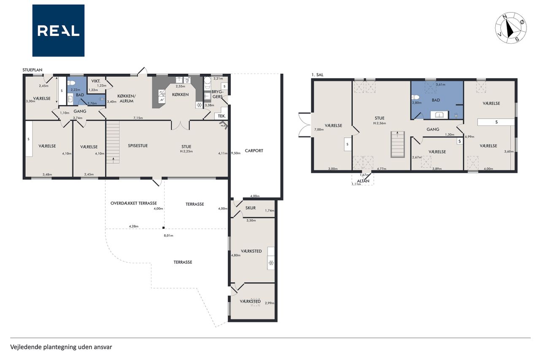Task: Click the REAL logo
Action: click(58, 31)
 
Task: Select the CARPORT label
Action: click(254, 151)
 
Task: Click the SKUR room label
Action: click(251, 208)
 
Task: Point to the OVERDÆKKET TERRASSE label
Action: click(134, 203)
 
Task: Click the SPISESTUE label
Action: click(138, 146)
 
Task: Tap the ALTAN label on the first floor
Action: click(363, 181)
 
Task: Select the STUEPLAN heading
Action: click(32, 70)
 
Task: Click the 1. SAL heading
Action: click(317, 75)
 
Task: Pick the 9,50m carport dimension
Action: click(236, 153)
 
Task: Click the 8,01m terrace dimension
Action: click(168, 235)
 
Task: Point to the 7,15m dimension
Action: click(138, 118)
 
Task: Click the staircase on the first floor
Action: click(397, 144)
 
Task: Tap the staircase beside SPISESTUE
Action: click(113, 142)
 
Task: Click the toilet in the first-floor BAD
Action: click(416, 97)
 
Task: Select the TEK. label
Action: click(222, 116)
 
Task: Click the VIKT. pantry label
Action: click(96, 81)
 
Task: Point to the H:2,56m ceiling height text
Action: click(379, 123)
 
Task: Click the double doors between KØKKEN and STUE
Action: click(180, 125)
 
